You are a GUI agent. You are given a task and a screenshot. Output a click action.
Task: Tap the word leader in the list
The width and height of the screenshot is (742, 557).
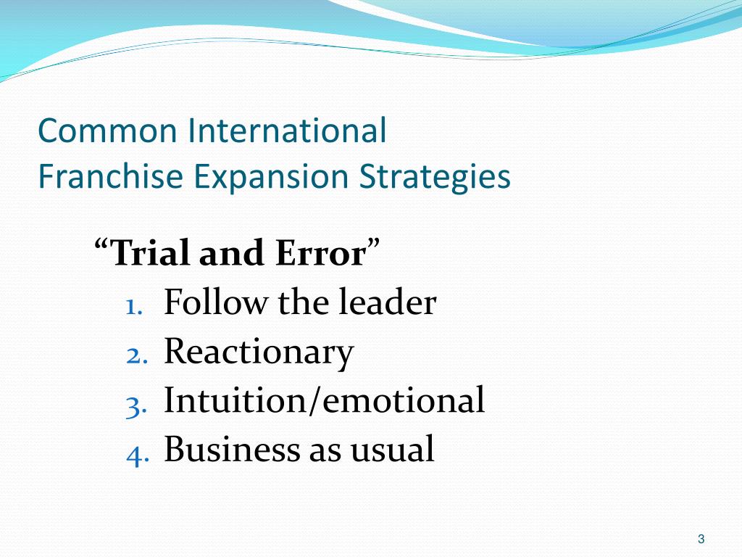click(388, 303)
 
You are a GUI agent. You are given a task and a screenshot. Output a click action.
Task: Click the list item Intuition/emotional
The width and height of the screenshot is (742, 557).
click(324, 401)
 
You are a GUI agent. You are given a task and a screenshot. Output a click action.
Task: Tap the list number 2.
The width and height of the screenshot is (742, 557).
click(135, 355)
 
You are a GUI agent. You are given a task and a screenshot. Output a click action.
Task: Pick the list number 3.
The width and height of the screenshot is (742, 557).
click(135, 405)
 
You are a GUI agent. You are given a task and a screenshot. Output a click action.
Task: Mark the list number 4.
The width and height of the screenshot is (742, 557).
click(135, 453)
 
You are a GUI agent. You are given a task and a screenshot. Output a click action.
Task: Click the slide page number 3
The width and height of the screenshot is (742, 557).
click(701, 539)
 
